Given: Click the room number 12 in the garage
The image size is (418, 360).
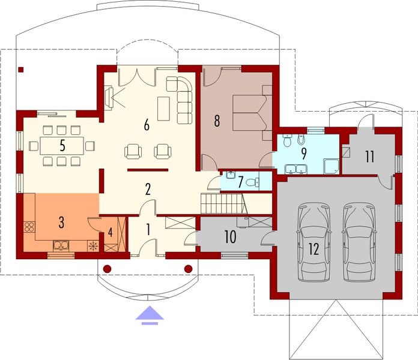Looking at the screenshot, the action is [x=314, y=249].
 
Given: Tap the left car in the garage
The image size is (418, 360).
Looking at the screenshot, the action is [x=313, y=242].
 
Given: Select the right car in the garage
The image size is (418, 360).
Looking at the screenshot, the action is [x=359, y=242].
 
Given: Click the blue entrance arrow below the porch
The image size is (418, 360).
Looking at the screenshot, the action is [x=150, y=315].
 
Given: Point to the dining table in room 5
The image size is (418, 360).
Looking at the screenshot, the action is [x=62, y=146].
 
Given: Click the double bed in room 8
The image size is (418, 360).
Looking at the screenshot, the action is [x=250, y=113].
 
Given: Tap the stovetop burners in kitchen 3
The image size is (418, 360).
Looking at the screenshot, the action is [x=29, y=227].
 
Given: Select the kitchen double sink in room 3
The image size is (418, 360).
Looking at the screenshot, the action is [x=61, y=245].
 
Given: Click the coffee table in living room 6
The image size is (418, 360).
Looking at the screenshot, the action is [x=163, y=109].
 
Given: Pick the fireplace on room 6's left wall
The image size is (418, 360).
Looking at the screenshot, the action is [x=109, y=98].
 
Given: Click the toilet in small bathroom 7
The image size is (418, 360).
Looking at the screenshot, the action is [x=252, y=182].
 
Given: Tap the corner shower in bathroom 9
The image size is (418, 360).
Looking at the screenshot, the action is [x=332, y=166].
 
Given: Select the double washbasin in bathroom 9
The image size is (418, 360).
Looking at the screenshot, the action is [x=296, y=169].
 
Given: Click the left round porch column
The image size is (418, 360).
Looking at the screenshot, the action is [x=107, y=269].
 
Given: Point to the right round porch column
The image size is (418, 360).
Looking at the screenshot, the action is [x=189, y=269].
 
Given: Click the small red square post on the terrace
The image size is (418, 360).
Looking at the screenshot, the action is [x=21, y=70].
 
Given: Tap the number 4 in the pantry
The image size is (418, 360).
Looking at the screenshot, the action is [x=110, y=232].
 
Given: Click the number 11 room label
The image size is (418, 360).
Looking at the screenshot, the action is [x=370, y=157].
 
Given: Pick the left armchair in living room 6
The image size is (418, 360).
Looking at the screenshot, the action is [x=133, y=152].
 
